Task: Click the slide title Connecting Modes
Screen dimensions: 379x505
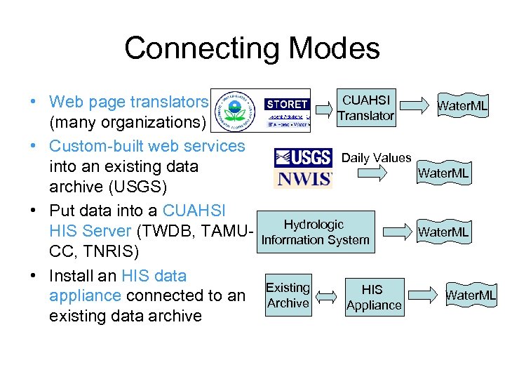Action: click(x=252, y=48)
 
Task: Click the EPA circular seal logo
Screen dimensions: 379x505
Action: click(x=237, y=112)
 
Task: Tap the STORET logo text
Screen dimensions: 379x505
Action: click(x=286, y=105)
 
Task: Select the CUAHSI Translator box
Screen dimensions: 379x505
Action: click(x=365, y=107)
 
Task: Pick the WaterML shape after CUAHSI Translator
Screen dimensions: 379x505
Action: click(x=462, y=106)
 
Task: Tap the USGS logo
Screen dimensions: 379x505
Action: click(x=303, y=157)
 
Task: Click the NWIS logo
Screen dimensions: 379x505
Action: click(x=303, y=178)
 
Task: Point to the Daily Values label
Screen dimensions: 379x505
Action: click(x=376, y=158)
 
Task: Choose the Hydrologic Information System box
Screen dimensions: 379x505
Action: click(x=315, y=232)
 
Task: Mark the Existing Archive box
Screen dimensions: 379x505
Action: click(x=288, y=295)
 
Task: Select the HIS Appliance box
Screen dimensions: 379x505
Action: click(x=373, y=297)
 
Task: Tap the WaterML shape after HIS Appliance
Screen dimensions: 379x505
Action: click(x=471, y=295)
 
